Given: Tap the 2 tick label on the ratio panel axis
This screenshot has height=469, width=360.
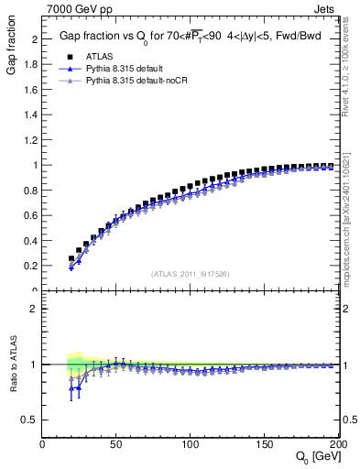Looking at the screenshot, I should [35, 309].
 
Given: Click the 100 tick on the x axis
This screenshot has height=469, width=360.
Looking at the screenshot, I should [191, 443].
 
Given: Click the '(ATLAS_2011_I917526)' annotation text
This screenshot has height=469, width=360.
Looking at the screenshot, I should [190, 274].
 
